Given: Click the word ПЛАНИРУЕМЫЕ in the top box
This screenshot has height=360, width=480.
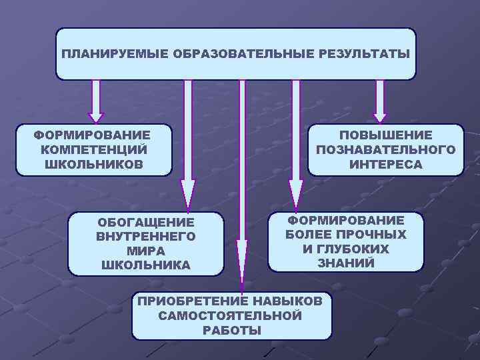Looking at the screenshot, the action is point(115,54).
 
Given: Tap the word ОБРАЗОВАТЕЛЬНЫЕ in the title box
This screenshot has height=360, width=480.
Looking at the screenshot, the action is point(239,54).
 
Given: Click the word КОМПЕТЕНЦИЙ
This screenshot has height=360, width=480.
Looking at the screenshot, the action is point(93,149).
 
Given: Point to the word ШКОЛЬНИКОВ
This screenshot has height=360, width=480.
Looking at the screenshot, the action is point(93,164).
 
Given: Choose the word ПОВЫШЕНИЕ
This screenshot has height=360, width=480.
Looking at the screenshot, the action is point(386,135).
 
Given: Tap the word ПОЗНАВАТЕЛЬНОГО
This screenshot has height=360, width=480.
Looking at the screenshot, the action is point(386,150).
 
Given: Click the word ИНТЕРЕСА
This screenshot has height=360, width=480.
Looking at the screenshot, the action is point(386,165).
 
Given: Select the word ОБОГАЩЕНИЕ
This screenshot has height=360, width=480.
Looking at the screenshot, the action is point(146,222).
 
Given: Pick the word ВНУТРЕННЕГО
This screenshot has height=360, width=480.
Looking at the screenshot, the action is point(146,236).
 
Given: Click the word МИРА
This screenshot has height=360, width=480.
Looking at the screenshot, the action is point(146,251).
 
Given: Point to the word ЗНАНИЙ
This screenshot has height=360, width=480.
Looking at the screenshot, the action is point(346,263).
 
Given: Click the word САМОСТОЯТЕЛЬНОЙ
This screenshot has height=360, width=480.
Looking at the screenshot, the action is point(231,315).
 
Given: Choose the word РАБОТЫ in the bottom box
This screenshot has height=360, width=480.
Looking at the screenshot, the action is point(231,330).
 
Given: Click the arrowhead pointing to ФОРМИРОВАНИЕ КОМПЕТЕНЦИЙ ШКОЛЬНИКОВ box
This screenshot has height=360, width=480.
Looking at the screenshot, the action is point(96,115).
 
